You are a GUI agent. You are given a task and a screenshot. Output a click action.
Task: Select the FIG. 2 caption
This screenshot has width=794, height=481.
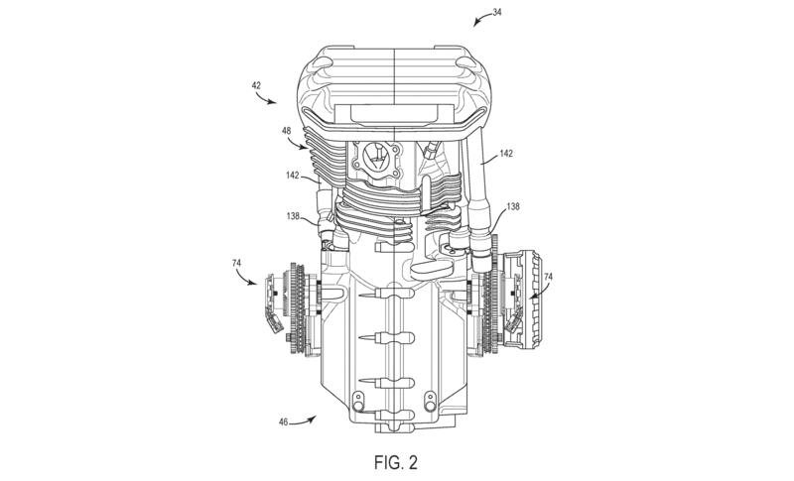coord(397,461)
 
